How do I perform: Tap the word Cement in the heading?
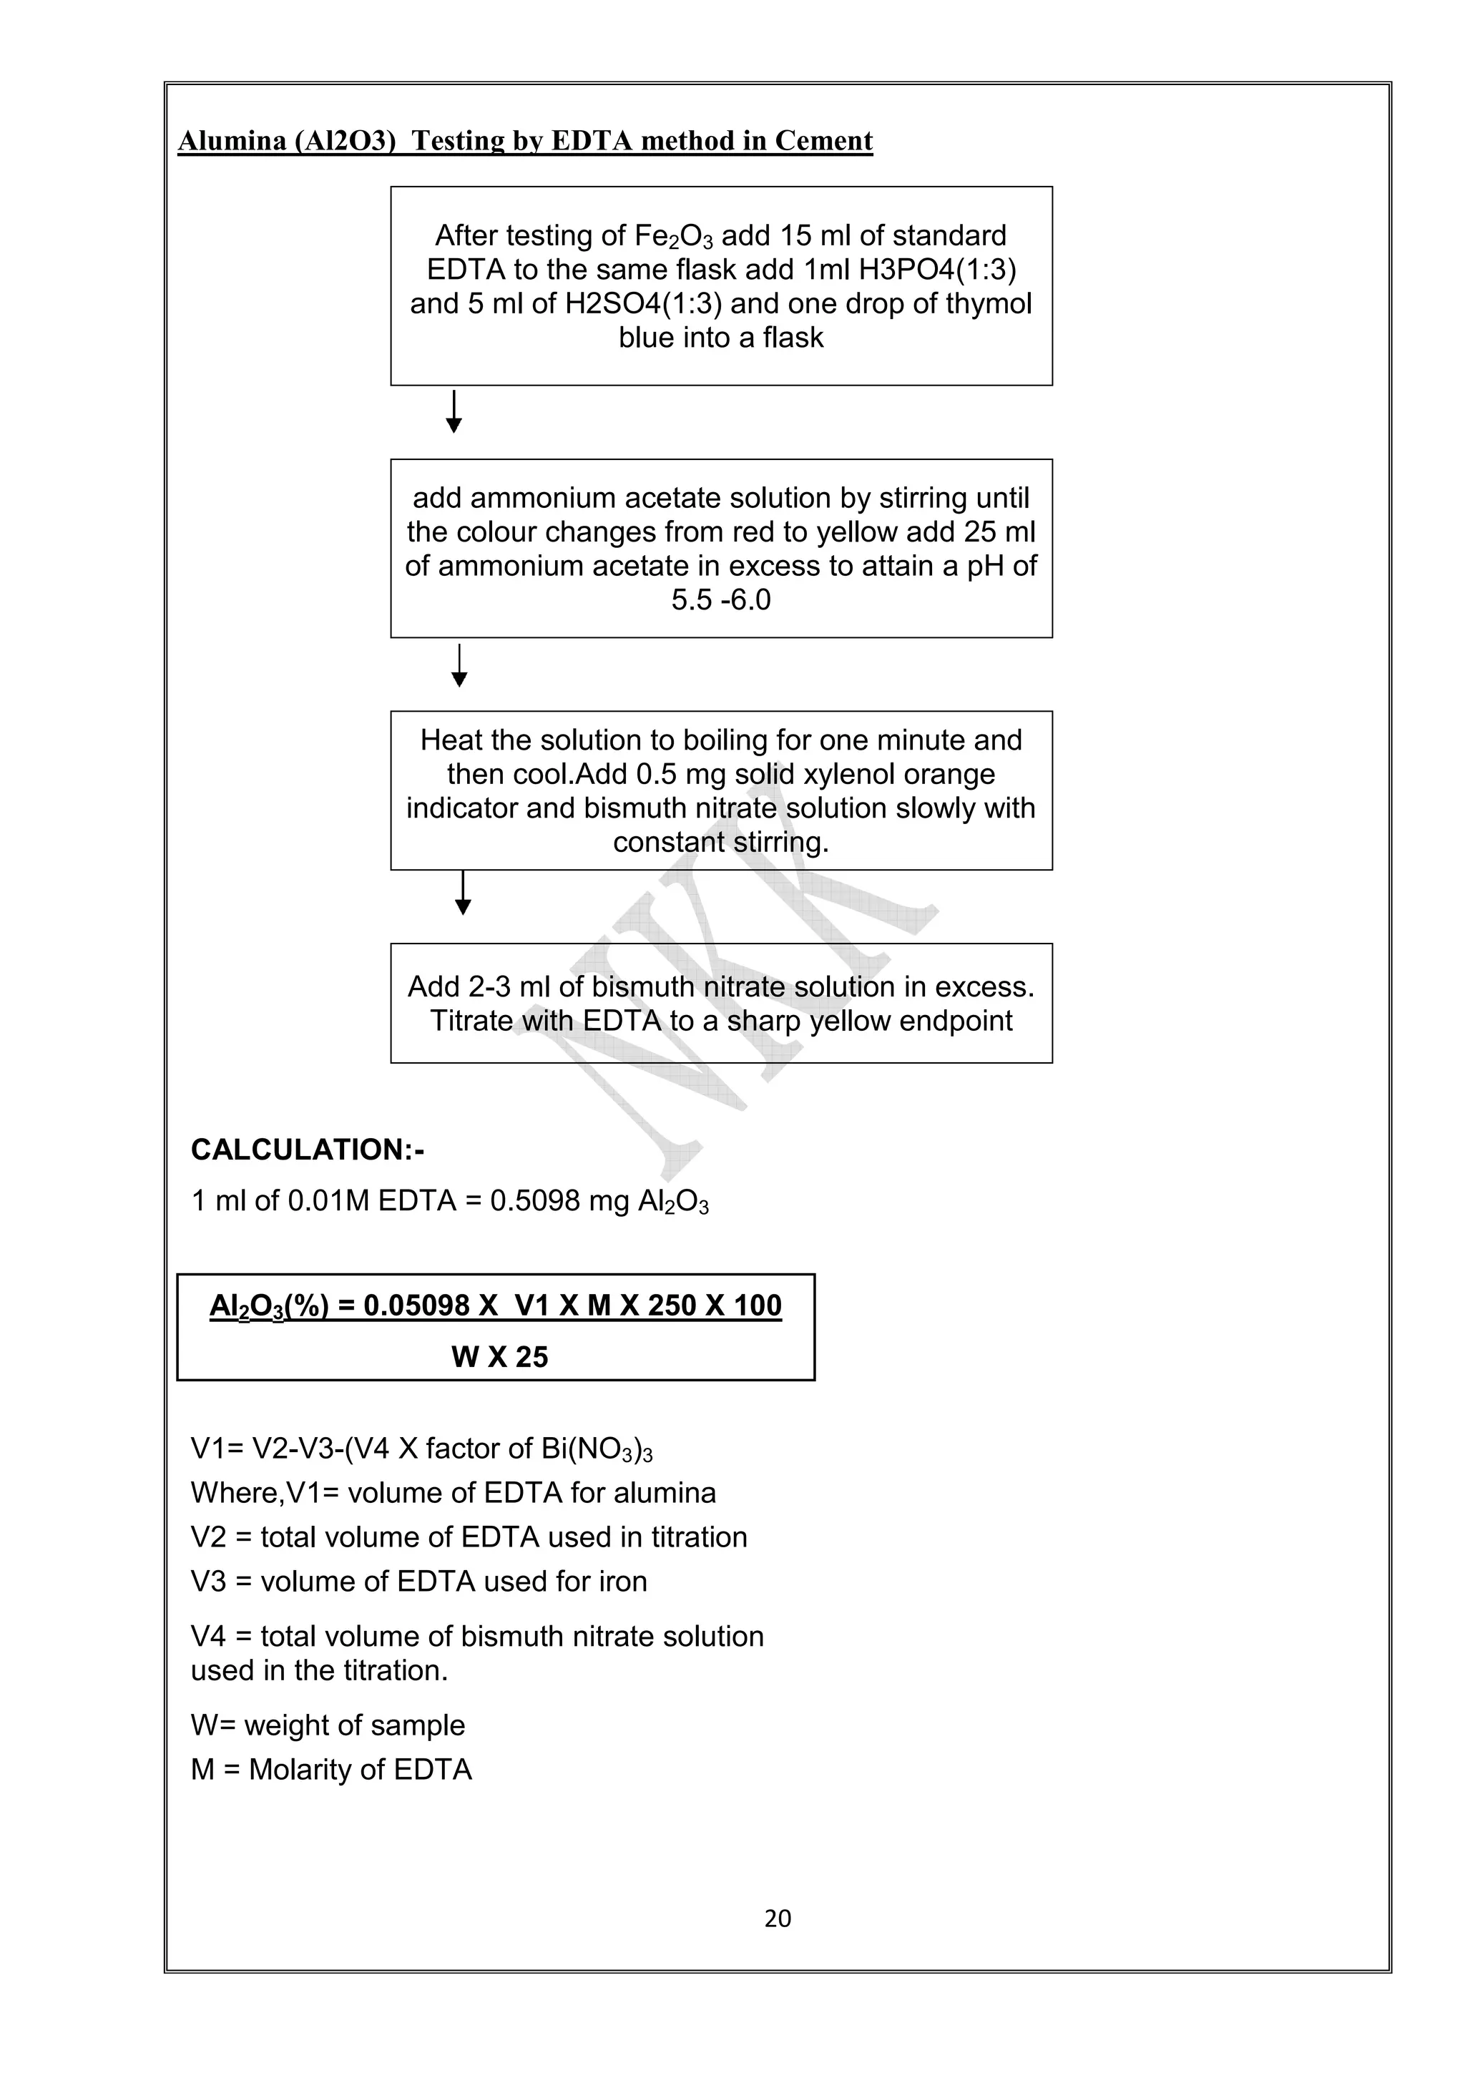(x=823, y=141)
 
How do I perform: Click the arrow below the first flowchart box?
(x=454, y=412)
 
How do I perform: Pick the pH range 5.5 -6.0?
(x=720, y=599)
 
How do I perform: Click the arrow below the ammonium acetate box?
(x=459, y=667)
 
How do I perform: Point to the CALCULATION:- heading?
(x=307, y=1150)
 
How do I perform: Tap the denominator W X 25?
(x=499, y=1356)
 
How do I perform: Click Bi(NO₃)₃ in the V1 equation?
(x=596, y=1449)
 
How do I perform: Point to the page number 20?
(x=777, y=1918)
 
